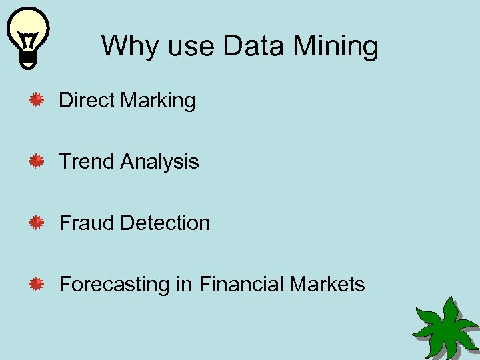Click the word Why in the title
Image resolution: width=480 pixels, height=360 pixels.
[125, 47]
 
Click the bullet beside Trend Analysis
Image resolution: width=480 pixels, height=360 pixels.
[36, 162]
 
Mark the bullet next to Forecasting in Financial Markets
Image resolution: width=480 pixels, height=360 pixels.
[36, 285]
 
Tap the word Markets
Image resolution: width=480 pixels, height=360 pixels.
[327, 284]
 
